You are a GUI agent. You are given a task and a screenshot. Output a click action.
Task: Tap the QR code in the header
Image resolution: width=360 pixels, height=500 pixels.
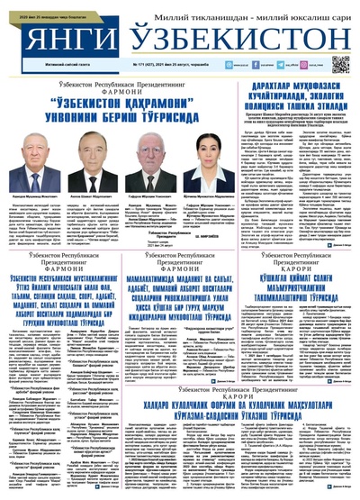tap(340, 63)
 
